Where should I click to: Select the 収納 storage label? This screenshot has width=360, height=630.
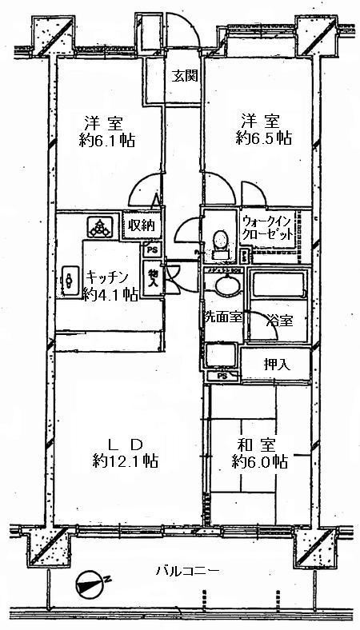(141, 225)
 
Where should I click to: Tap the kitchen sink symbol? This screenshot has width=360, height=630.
(69, 277)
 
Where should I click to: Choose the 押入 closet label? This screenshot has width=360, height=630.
(277, 364)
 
